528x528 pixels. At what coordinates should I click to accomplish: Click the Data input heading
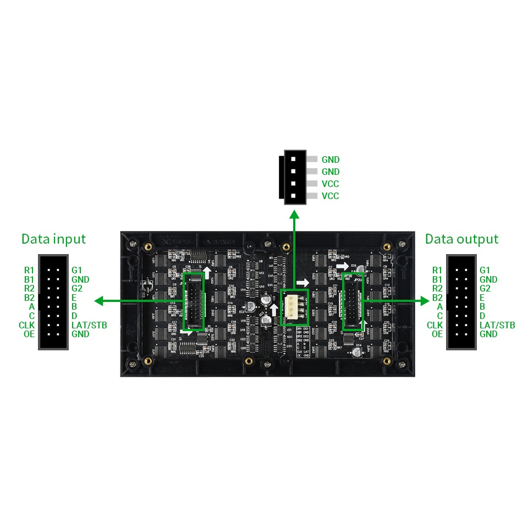tap(53, 239)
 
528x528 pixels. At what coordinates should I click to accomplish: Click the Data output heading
tap(461, 239)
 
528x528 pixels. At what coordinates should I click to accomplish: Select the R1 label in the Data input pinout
tap(29, 270)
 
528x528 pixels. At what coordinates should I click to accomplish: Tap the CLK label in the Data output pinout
tap(435, 325)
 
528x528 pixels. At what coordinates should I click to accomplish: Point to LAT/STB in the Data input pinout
tap(89, 325)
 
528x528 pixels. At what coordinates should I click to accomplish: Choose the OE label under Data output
tap(437, 334)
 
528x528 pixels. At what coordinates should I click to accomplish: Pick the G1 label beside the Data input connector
tap(76, 270)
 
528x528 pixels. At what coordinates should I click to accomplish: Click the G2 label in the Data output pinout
tap(485, 288)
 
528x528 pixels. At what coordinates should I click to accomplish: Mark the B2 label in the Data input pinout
tap(29, 298)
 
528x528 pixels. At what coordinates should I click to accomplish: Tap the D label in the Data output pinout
tap(482, 316)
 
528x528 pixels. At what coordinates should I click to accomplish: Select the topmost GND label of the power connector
tap(331, 160)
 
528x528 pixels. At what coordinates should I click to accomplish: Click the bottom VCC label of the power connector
tap(330, 196)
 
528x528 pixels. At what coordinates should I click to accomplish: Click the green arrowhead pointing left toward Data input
tap(100, 301)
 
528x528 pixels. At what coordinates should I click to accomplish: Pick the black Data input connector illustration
tap(53, 302)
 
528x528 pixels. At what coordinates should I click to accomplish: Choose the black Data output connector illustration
tap(461, 302)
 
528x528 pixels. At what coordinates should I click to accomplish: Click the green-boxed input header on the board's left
tap(193, 303)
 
